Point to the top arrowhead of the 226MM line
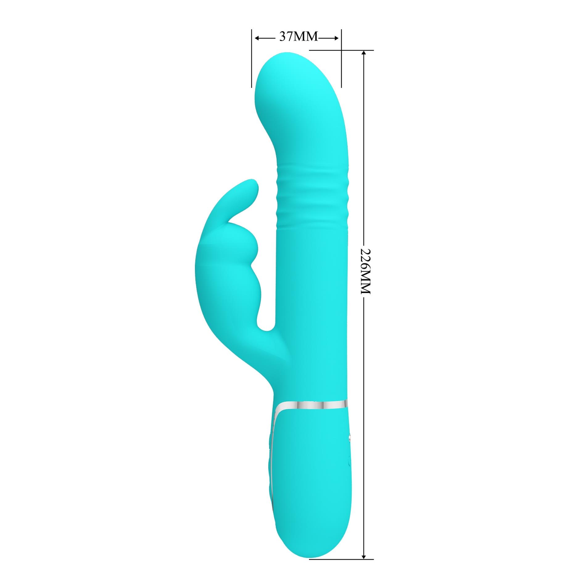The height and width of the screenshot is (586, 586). [364, 52]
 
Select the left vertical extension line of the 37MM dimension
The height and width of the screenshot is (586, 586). [252, 59]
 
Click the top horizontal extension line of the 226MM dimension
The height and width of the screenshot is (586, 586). [341, 50]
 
